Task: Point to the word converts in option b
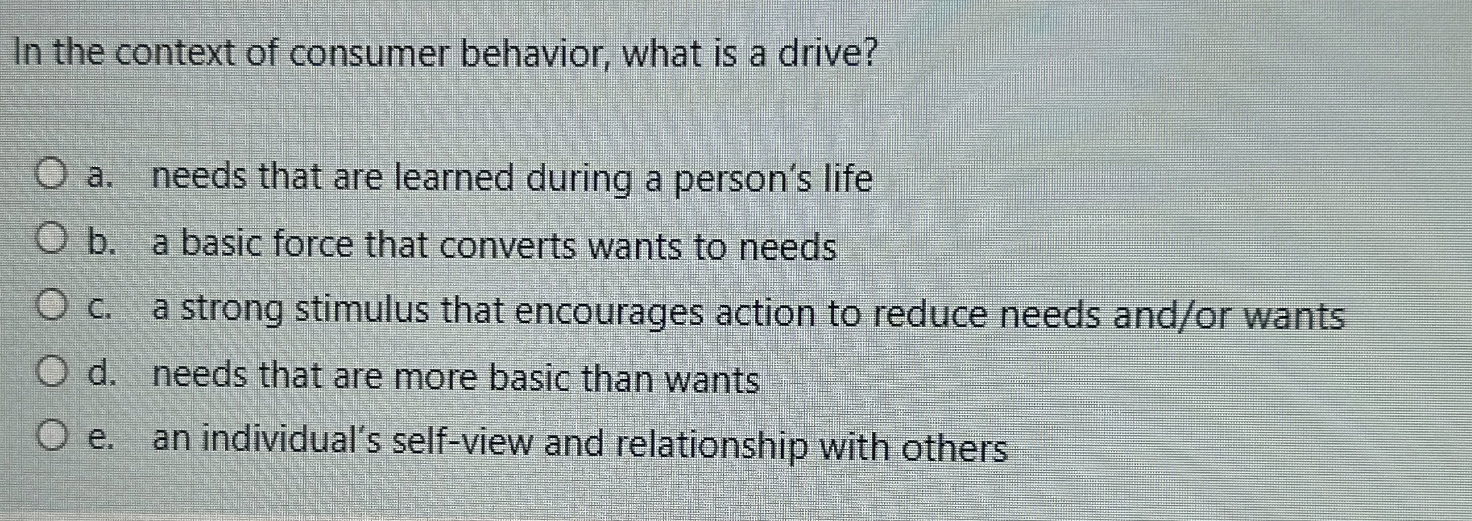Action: click(508, 247)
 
